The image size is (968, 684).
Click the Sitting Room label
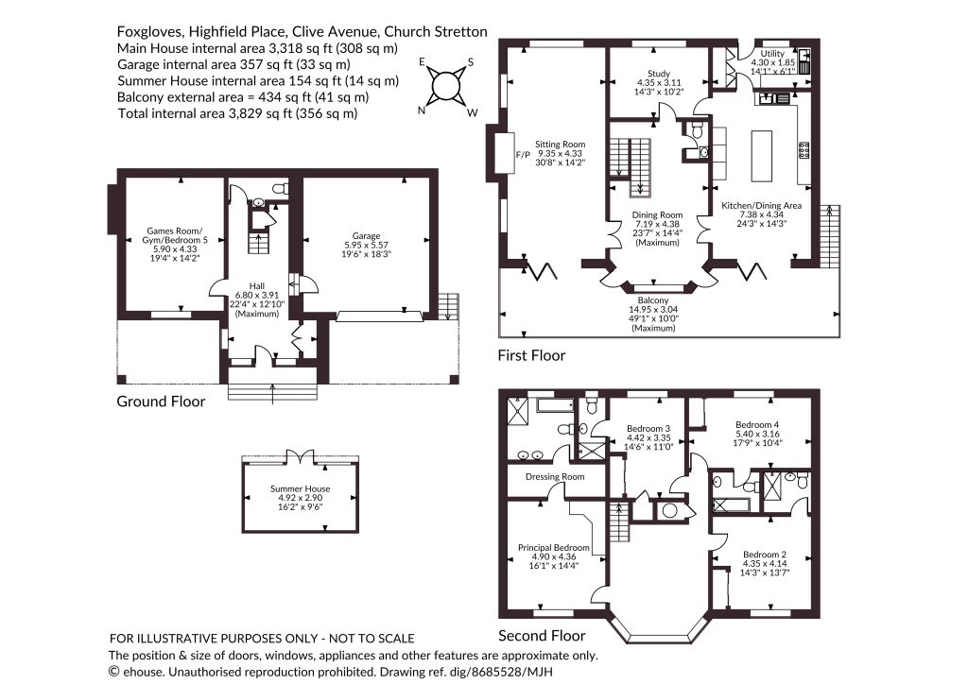[560, 145]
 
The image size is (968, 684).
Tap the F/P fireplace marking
[523, 154]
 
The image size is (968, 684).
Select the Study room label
[659, 74]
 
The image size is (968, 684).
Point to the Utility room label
[772, 54]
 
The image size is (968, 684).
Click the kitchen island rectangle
[762, 156]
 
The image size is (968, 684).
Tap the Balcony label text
[653, 301]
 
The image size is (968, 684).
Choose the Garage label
[366, 235]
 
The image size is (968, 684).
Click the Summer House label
[300, 489]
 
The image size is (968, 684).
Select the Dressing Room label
[554, 477]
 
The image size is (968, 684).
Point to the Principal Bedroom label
[553, 548]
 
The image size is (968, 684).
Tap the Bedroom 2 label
[764, 555]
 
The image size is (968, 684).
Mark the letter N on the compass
[423, 111]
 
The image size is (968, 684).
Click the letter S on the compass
[471, 61]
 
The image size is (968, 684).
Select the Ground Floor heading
[161, 402]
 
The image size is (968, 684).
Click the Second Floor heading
[542, 636]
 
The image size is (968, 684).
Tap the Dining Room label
[657, 215]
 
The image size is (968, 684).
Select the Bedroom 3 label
[648, 429]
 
